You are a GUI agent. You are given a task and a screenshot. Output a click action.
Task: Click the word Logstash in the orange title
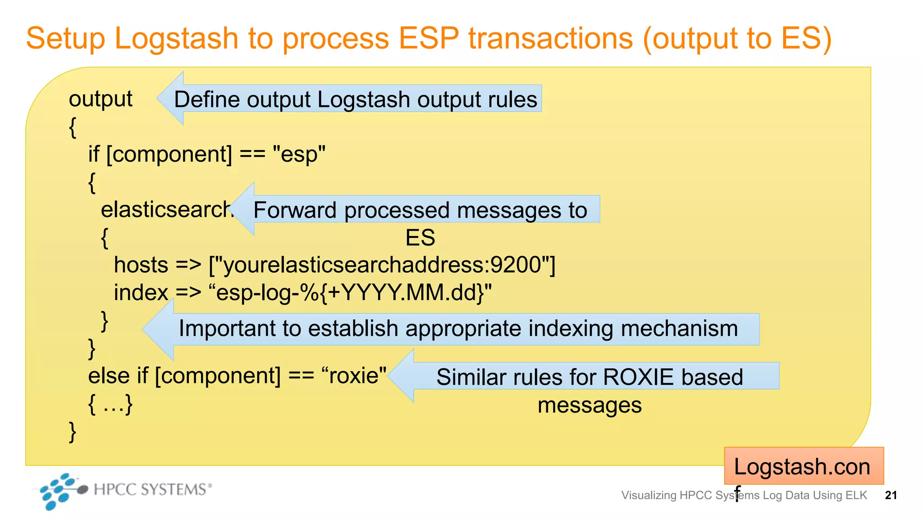tap(176, 39)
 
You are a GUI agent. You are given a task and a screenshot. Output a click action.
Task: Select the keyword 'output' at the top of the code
tap(101, 99)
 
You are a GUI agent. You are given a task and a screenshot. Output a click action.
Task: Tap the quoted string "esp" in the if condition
tap(299, 155)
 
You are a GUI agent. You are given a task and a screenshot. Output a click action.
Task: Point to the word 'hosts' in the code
tap(141, 265)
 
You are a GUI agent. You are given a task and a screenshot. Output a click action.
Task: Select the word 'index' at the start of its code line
tap(141, 293)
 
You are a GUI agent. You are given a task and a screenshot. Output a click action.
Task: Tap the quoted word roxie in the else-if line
tap(354, 376)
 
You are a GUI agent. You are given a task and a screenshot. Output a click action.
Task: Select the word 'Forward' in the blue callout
tap(295, 210)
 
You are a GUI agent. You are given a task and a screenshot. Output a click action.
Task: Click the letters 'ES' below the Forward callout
tap(420, 238)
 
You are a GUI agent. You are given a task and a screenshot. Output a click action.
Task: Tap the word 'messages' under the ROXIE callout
tap(589, 405)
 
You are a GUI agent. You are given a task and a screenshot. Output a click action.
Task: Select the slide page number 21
tap(891, 496)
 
